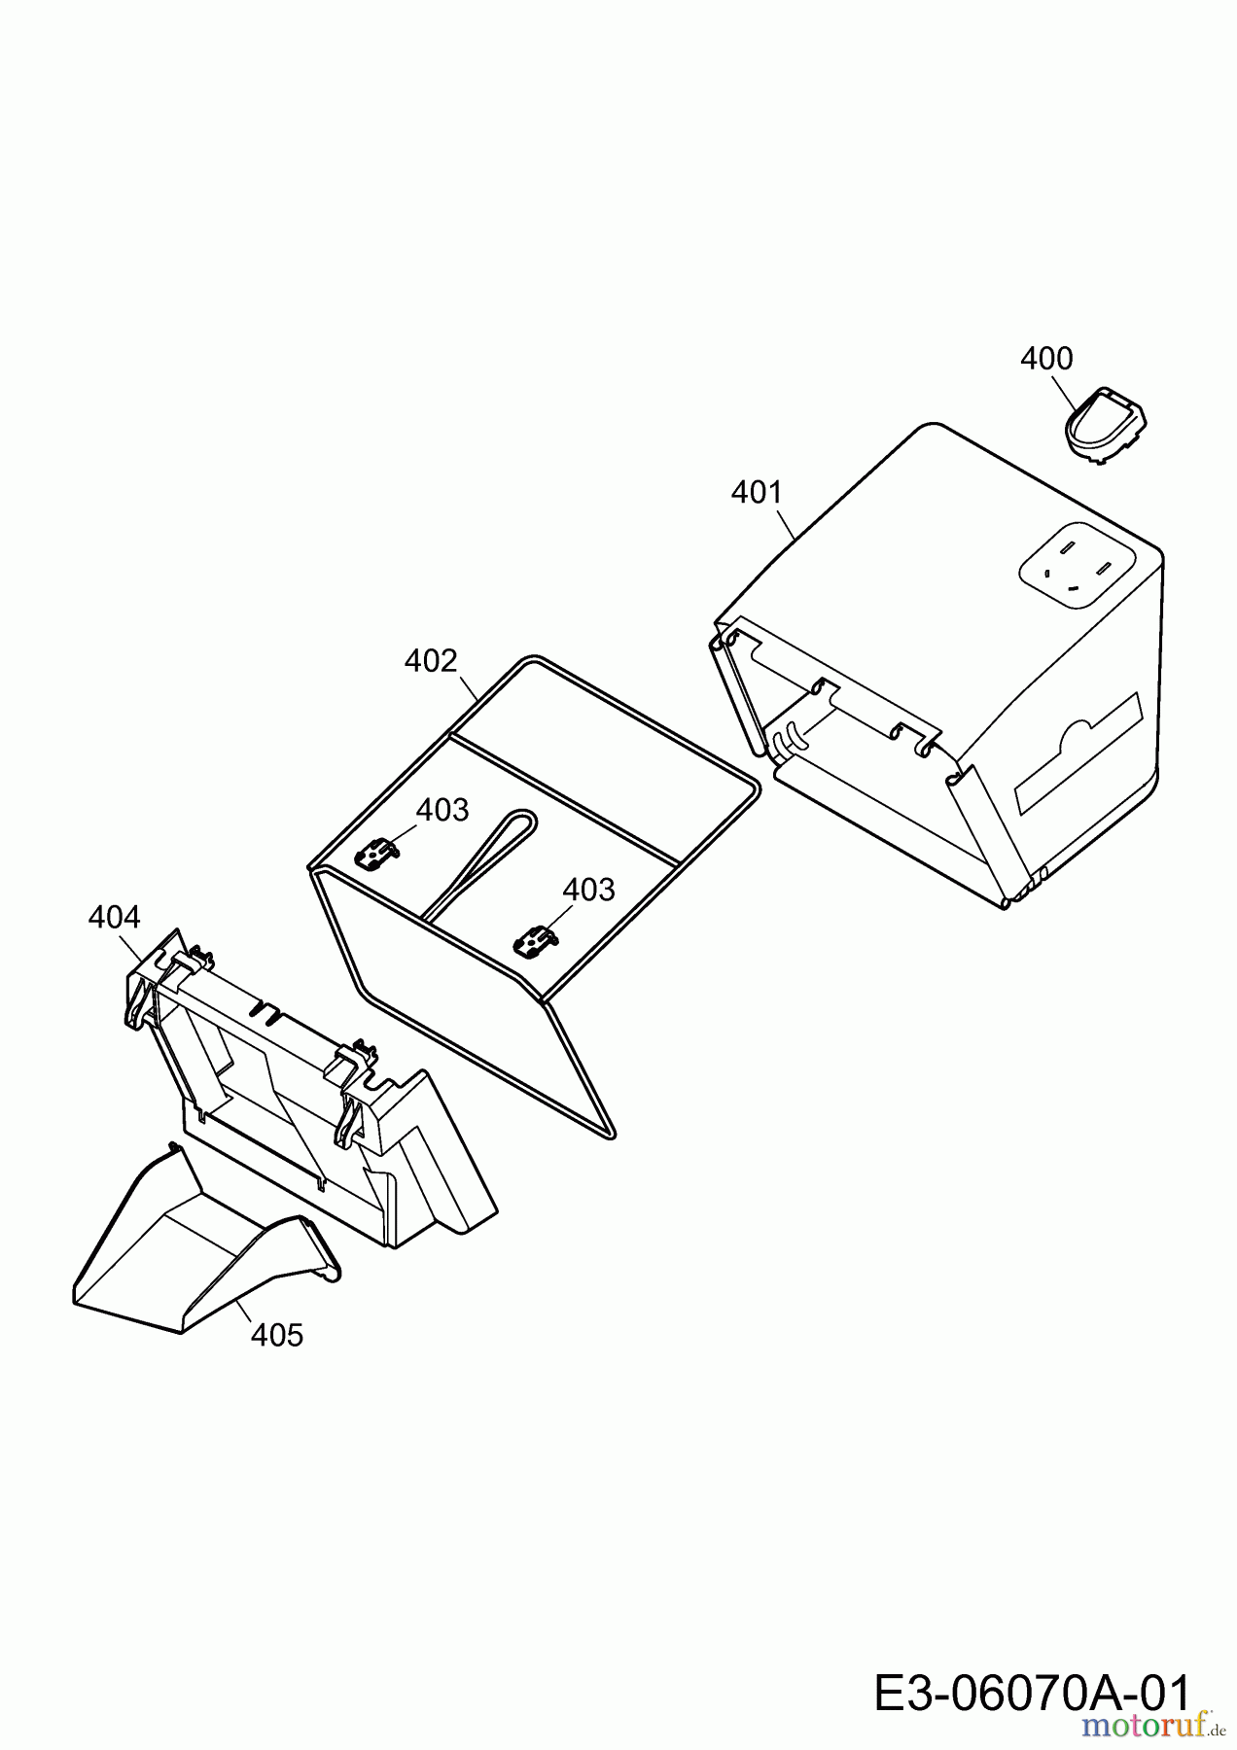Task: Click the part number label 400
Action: point(1046,359)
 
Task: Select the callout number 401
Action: point(757,493)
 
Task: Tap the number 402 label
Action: point(431,661)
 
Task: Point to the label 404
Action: point(114,917)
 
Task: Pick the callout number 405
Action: point(277,1335)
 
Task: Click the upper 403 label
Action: point(442,810)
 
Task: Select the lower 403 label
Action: point(588,890)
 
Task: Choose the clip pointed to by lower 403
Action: point(534,941)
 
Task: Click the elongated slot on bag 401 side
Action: point(1078,753)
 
